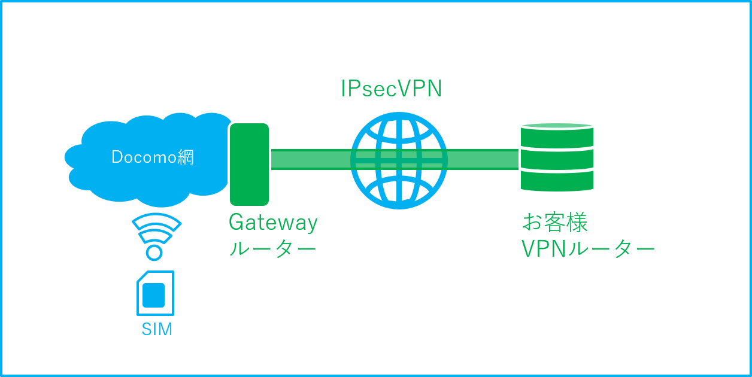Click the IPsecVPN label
tap(391, 89)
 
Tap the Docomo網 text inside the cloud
tap(153, 157)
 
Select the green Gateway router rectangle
tap(249, 164)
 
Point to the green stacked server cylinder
tap(557, 157)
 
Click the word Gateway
tap(273, 223)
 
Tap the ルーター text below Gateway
tap(272, 248)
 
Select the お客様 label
tap(555, 223)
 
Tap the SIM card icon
tap(155, 293)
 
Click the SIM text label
tap(157, 329)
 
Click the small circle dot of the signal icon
tap(154, 253)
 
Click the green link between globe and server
tap(483, 160)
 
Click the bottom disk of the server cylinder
tap(557, 181)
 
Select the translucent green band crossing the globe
tap(399, 160)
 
